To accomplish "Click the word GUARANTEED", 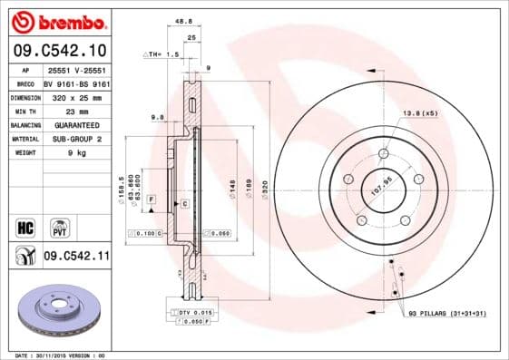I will (x=75, y=124).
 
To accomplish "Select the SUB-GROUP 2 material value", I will (x=75, y=139).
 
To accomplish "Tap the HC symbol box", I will (x=25, y=223).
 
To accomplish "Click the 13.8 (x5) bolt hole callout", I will (x=420, y=112).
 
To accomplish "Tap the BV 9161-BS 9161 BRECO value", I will (x=75, y=82).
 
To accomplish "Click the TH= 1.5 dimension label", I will (x=160, y=54).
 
